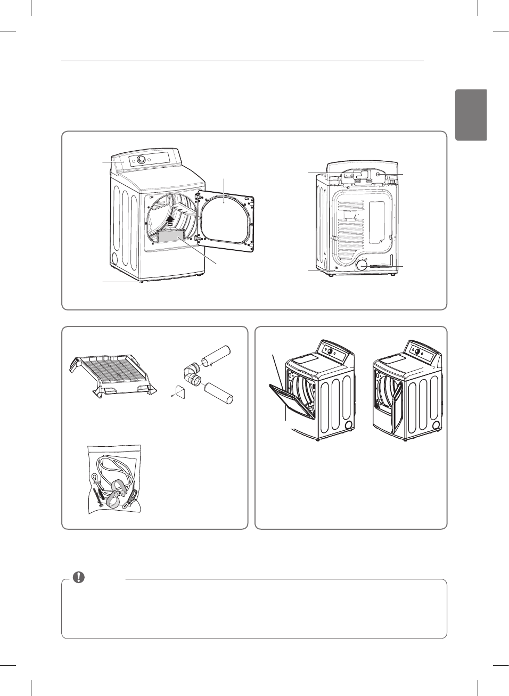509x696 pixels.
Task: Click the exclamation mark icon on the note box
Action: pyautogui.click(x=79, y=577)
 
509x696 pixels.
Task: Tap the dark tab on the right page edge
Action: pyautogui.click(x=471, y=115)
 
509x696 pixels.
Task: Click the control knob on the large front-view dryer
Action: pyautogui.click(x=141, y=160)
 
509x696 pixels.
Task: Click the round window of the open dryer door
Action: pyautogui.click(x=224, y=218)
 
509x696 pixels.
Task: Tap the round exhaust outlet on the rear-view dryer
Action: pyautogui.click(x=362, y=265)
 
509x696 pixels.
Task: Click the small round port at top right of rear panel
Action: pyautogui.click(x=377, y=174)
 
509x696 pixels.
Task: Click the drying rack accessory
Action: pyautogui.click(x=113, y=375)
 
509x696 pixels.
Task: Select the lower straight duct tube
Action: pyautogui.click(x=219, y=393)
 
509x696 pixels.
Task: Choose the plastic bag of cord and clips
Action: pyautogui.click(x=115, y=479)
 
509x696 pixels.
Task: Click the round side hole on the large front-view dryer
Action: pyautogui.click(x=114, y=259)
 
